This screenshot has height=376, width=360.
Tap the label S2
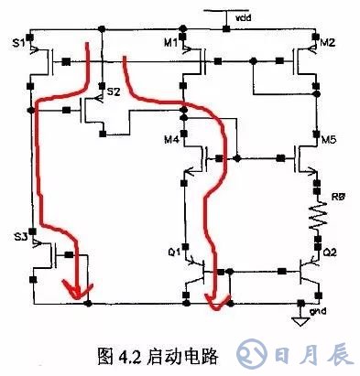coord(113,92)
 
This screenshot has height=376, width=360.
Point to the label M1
coord(169,42)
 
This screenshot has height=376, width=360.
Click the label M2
coord(328,42)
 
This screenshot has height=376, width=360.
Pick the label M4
coord(169,139)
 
